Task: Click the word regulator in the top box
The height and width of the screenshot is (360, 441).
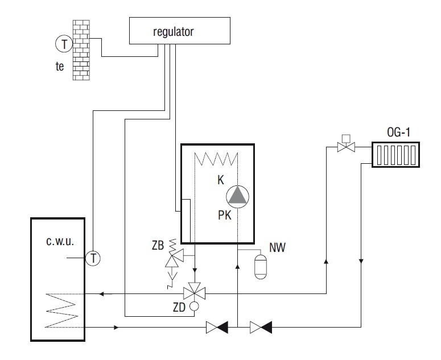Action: pos(173,32)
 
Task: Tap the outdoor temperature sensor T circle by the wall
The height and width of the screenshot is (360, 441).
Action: pos(64,44)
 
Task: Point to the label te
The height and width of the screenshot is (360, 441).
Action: pos(60,67)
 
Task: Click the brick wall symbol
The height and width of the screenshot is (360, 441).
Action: pos(81,50)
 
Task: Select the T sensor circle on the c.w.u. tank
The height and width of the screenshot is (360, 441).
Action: pos(93,258)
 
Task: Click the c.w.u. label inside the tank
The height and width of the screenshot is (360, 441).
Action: pos(60,241)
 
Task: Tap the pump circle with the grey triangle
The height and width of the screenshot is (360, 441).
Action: pos(238,197)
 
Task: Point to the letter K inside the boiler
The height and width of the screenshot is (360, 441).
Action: pos(221,180)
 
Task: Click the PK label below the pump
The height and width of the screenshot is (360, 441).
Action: pos(225,216)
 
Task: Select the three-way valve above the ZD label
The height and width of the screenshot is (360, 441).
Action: pos(195,293)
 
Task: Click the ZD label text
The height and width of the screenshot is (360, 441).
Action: pos(179,308)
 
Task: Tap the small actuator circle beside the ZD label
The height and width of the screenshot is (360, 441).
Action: pos(194,306)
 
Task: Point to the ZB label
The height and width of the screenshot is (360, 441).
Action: pos(158,246)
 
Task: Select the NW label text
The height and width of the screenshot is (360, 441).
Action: pos(277,247)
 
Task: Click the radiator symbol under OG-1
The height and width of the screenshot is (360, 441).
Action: pos(395,155)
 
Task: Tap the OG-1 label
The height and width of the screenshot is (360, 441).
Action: pos(398,132)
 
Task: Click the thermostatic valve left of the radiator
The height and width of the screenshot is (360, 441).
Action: pos(346,144)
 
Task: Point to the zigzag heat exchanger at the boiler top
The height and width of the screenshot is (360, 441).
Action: pos(216,159)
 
